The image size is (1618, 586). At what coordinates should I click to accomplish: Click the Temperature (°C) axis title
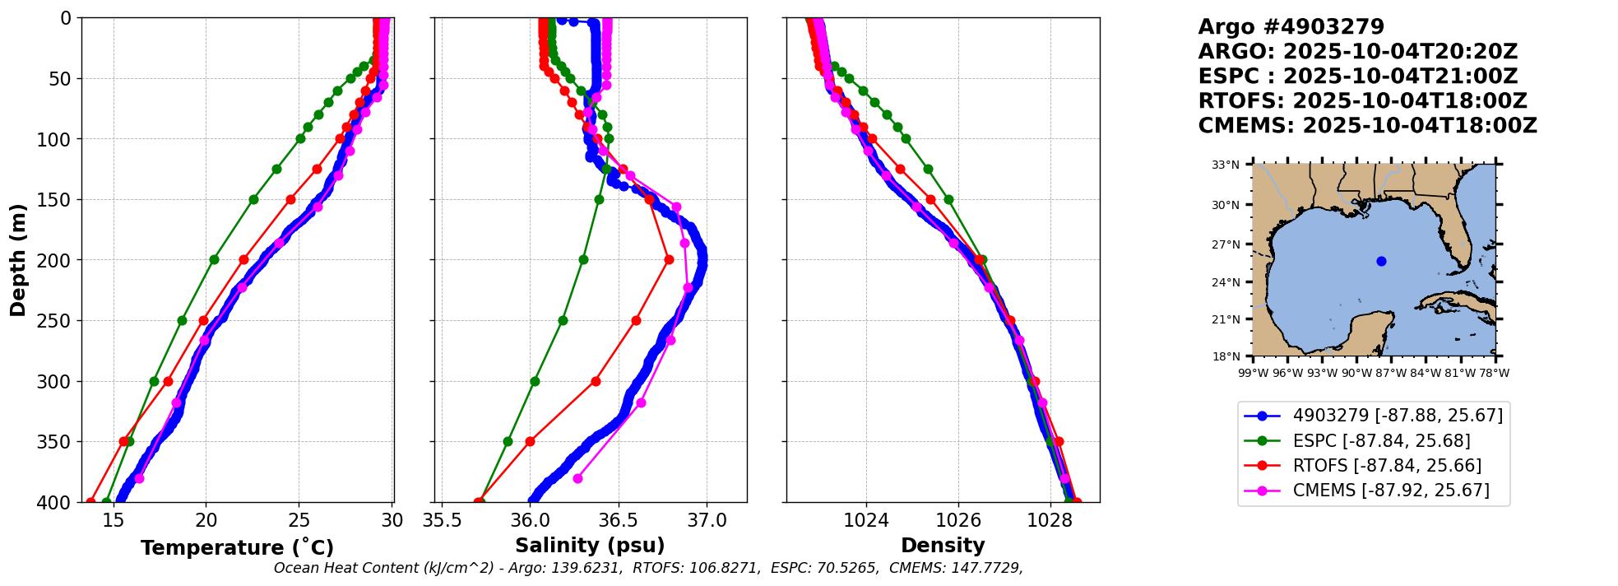pos(237,548)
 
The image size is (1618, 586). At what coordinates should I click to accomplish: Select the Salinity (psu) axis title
pos(590,546)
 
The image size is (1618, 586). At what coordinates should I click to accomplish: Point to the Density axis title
pos(943,546)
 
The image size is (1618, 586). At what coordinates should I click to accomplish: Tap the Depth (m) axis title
pos(18,259)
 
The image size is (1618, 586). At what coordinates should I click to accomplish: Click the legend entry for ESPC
pos(1381,441)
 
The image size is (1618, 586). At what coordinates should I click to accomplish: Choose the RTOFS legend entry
pos(1387,466)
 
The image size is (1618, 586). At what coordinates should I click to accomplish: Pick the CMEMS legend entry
pos(1390,491)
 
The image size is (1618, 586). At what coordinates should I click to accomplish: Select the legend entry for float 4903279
pos(1398,416)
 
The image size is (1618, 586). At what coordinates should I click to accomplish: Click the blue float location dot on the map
pos(1381,261)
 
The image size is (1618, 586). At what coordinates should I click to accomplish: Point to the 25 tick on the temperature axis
pos(299,520)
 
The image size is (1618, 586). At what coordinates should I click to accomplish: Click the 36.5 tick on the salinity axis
pos(618,520)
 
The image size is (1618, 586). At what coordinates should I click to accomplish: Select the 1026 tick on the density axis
pos(958,520)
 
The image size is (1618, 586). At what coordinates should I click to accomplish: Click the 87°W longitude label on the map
pos(1391,373)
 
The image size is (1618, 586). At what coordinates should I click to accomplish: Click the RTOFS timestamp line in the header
pos(1362,101)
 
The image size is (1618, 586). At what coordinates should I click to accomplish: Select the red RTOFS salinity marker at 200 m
pos(669,259)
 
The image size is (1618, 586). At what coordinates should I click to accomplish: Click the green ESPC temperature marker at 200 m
pos(214,259)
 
